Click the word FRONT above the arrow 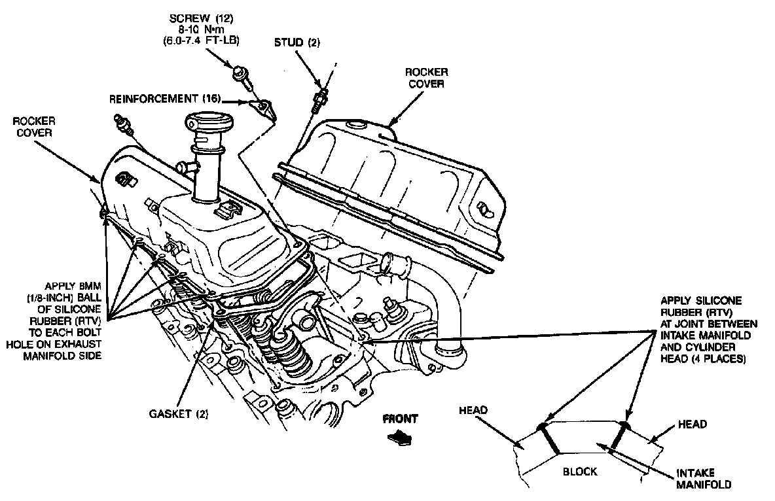click(x=400, y=419)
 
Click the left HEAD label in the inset click(x=473, y=410)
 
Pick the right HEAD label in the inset click(x=693, y=424)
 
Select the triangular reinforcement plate click(x=265, y=107)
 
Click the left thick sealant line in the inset click(x=550, y=439)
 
